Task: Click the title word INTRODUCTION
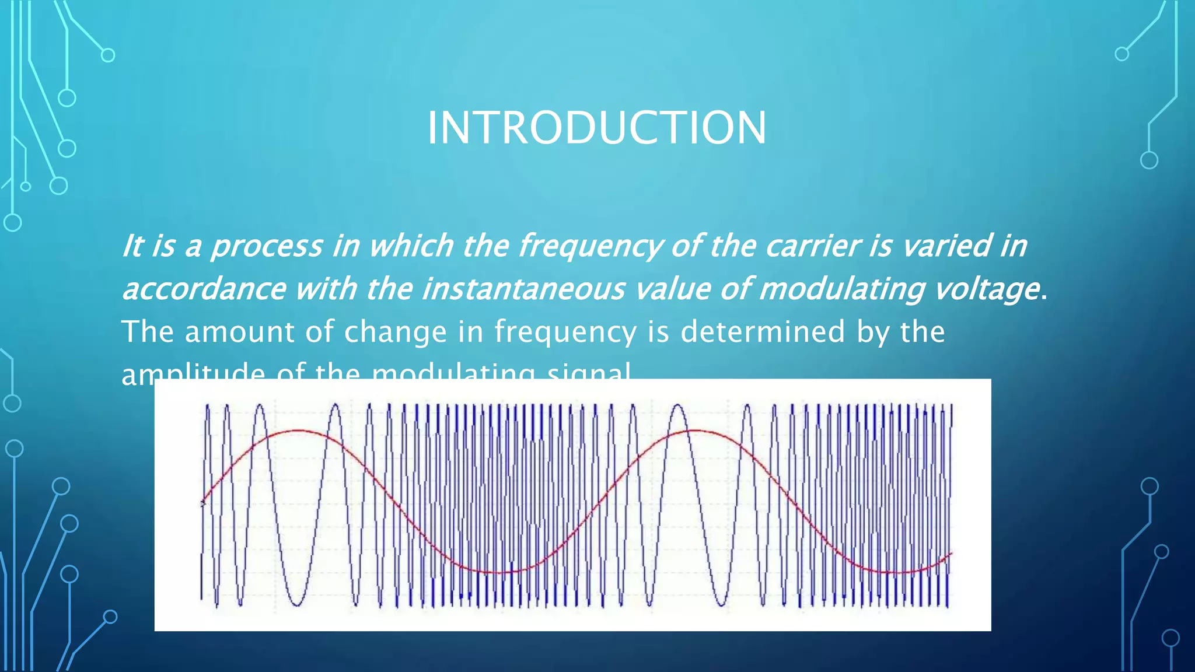tap(596, 128)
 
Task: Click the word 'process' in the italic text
tap(267, 246)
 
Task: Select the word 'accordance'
tap(204, 289)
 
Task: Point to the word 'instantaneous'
tap(523, 289)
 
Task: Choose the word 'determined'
tap(762, 332)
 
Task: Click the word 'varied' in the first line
tap(946, 246)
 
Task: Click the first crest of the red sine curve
tap(299, 431)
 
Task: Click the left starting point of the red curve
tap(202, 502)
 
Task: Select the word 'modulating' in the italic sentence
tap(841, 289)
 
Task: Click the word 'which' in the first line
tap(411, 246)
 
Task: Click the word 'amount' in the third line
tap(239, 332)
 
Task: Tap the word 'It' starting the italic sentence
tap(132, 246)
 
